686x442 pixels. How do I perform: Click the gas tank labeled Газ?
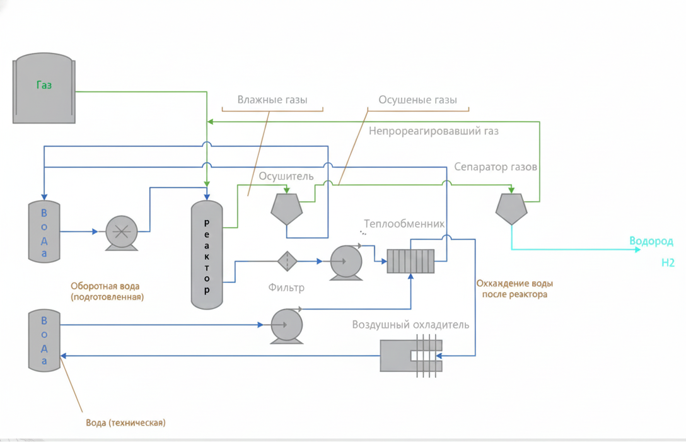(x=44, y=88)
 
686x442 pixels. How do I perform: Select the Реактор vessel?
(x=207, y=255)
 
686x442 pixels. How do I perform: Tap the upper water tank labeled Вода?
(x=44, y=231)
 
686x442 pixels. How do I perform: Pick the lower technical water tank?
(x=44, y=340)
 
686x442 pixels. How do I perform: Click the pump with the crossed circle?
(x=121, y=231)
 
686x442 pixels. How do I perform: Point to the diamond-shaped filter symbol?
(x=287, y=261)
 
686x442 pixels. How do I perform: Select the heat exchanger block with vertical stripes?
(x=410, y=260)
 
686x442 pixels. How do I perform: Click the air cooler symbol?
(x=411, y=356)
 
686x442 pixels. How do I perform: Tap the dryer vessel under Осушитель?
(x=286, y=208)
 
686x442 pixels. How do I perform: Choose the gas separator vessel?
(x=511, y=208)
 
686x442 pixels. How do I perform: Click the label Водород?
(x=651, y=241)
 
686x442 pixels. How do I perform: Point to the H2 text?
(x=668, y=263)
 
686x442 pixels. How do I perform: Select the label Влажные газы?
(x=272, y=100)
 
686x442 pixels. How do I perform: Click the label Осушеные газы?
(x=417, y=100)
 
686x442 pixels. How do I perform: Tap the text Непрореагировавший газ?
(x=433, y=132)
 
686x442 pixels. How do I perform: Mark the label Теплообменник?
(x=404, y=224)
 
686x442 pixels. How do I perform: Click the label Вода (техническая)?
(x=125, y=422)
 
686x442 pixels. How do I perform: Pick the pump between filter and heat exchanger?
(x=346, y=261)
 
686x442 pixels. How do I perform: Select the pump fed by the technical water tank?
(x=286, y=325)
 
